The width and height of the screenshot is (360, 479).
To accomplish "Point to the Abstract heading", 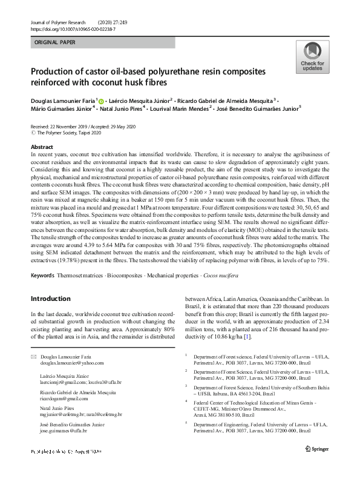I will click(42, 147).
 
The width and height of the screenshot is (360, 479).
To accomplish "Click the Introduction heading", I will click(51, 299).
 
